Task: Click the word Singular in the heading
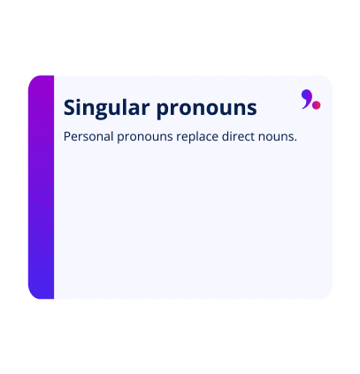click(x=107, y=108)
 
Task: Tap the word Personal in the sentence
click(x=88, y=137)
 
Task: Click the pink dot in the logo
click(x=316, y=105)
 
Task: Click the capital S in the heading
click(x=71, y=108)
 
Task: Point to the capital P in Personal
click(x=67, y=137)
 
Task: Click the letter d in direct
click(x=233, y=137)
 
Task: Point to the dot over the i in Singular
click(x=82, y=99)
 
